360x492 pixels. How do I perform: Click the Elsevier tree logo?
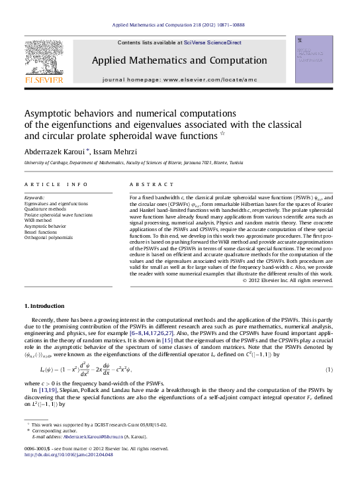pyautogui.click(x=44, y=62)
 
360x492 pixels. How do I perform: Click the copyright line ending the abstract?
pyautogui.click(x=287, y=280)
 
